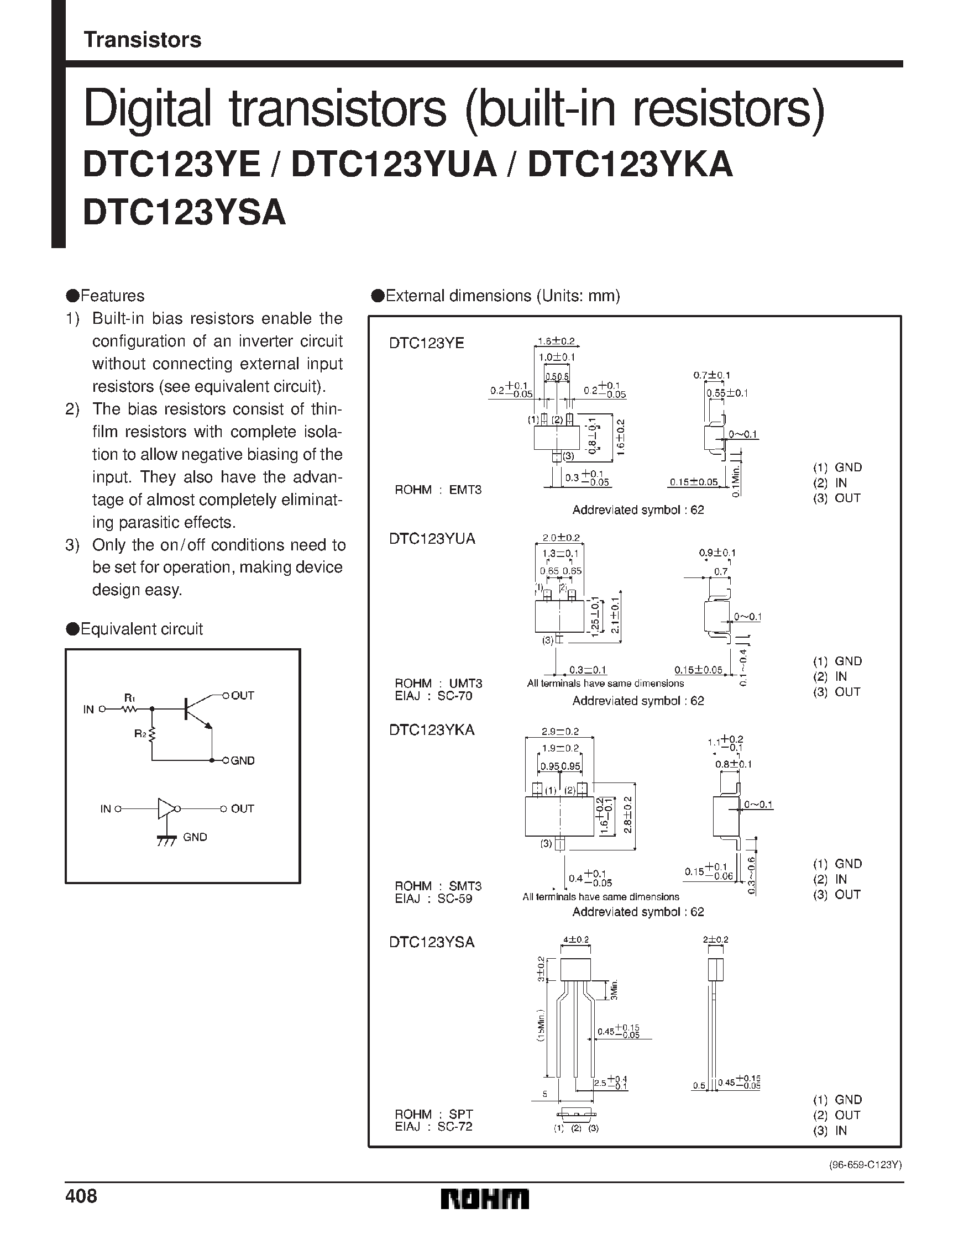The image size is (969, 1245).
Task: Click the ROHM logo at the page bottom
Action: point(485,1215)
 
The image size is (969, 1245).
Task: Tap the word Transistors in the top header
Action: point(143,40)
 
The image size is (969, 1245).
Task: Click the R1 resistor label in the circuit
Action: point(129,697)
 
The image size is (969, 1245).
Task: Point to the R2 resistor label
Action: point(140,734)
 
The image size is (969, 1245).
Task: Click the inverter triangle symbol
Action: point(166,808)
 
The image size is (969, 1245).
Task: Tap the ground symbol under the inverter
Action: point(166,840)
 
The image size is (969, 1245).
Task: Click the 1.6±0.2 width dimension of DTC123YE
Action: point(556,342)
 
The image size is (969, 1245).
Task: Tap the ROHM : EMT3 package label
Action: point(438,490)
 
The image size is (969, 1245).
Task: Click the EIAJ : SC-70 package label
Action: point(433,696)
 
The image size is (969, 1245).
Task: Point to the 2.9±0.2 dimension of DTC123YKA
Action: point(560,732)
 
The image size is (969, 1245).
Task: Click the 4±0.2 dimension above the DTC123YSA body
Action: point(576,939)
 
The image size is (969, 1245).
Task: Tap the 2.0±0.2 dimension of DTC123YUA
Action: point(561,538)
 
